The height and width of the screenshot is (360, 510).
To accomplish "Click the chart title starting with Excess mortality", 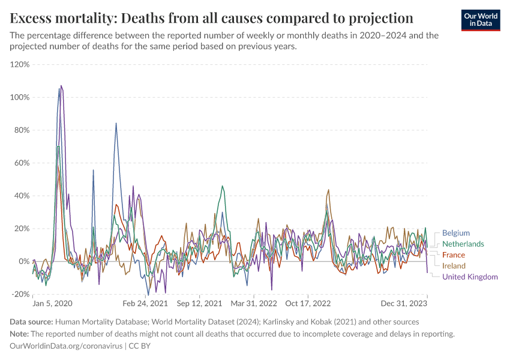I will [x=212, y=17].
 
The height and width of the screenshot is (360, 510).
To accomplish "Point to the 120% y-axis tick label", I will [x=20, y=64].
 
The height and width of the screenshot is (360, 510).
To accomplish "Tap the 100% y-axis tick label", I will [x=20, y=97].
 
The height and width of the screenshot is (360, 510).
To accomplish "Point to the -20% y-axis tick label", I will [x=20, y=294].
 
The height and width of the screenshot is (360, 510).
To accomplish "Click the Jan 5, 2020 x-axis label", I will [x=52, y=304].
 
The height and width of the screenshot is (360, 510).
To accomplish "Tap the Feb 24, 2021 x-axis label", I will [x=145, y=304].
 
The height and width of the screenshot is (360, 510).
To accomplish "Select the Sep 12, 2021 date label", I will [x=200, y=304].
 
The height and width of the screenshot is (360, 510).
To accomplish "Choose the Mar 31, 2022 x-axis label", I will [x=254, y=304].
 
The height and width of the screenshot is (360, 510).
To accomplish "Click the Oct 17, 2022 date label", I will [x=308, y=304].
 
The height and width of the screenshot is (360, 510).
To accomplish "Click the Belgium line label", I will [x=456, y=233].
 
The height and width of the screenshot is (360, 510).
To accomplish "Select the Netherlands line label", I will [x=463, y=244].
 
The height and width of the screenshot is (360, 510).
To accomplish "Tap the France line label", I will [x=454, y=255].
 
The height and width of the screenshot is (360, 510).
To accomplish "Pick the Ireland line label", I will [x=454, y=266].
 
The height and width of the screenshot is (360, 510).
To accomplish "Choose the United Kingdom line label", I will [x=470, y=277].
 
